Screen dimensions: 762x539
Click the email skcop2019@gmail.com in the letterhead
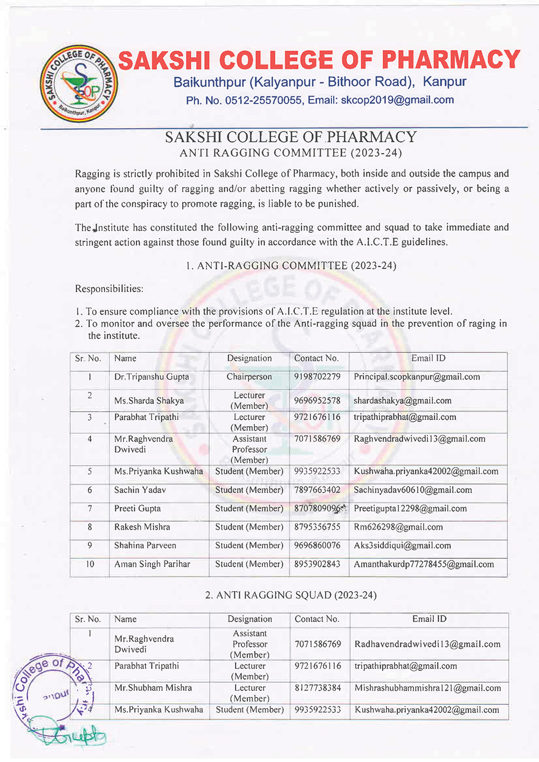tap(397, 100)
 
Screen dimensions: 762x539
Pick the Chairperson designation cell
tap(249, 377)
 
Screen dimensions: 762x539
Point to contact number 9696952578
tap(317, 401)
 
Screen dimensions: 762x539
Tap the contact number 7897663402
tap(317, 490)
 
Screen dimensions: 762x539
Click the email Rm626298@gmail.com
tap(398, 528)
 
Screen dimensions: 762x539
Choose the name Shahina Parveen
tap(145, 546)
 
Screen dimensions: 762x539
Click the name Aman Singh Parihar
tap(152, 565)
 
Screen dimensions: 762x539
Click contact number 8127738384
tap(317, 688)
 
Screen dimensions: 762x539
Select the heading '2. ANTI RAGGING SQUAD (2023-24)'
tap(291, 595)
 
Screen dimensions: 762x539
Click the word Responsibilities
tap(109, 289)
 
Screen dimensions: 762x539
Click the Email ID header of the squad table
tap(429, 619)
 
